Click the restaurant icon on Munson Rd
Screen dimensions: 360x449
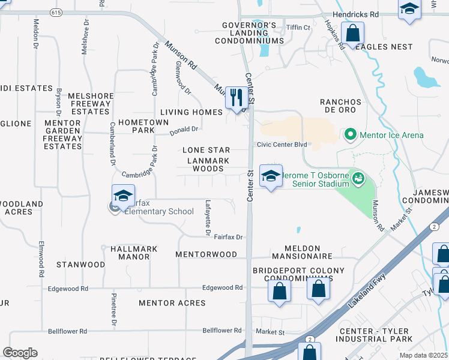pyautogui.click(x=236, y=98)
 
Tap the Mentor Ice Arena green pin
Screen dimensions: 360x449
pyautogui.click(x=351, y=134)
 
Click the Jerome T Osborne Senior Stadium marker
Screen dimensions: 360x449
pyautogui.click(x=358, y=178)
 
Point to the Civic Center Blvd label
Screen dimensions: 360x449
pyautogui.click(x=282, y=145)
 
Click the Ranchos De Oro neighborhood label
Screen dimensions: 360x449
pyautogui.click(x=337, y=106)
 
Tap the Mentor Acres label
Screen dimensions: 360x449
pyautogui.click(x=172, y=303)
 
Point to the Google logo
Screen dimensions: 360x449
pyautogui.click(x=20, y=353)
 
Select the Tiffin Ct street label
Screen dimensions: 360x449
pyautogui.click(x=298, y=28)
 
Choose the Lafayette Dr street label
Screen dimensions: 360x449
pyautogui.click(x=208, y=217)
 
